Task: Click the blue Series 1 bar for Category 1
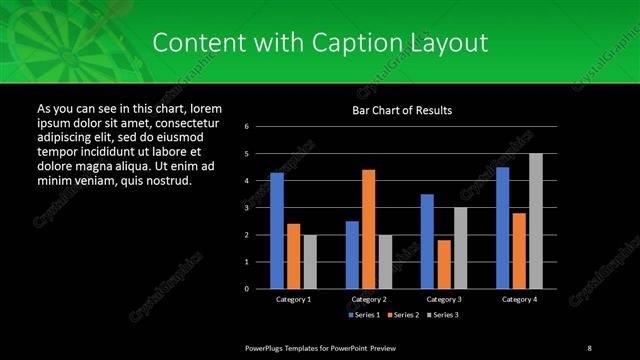[x=277, y=231]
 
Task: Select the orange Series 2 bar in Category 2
[x=368, y=229]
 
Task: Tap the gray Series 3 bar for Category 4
[x=535, y=221]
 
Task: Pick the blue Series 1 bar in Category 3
[x=427, y=241]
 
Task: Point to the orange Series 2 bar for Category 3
[x=443, y=264]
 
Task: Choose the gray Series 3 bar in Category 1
[x=309, y=261]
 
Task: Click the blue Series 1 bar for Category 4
[x=502, y=228]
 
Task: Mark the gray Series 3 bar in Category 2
[x=385, y=261]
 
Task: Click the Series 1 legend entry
[x=362, y=315]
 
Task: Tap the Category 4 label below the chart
[x=519, y=299]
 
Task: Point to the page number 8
[x=589, y=347]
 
